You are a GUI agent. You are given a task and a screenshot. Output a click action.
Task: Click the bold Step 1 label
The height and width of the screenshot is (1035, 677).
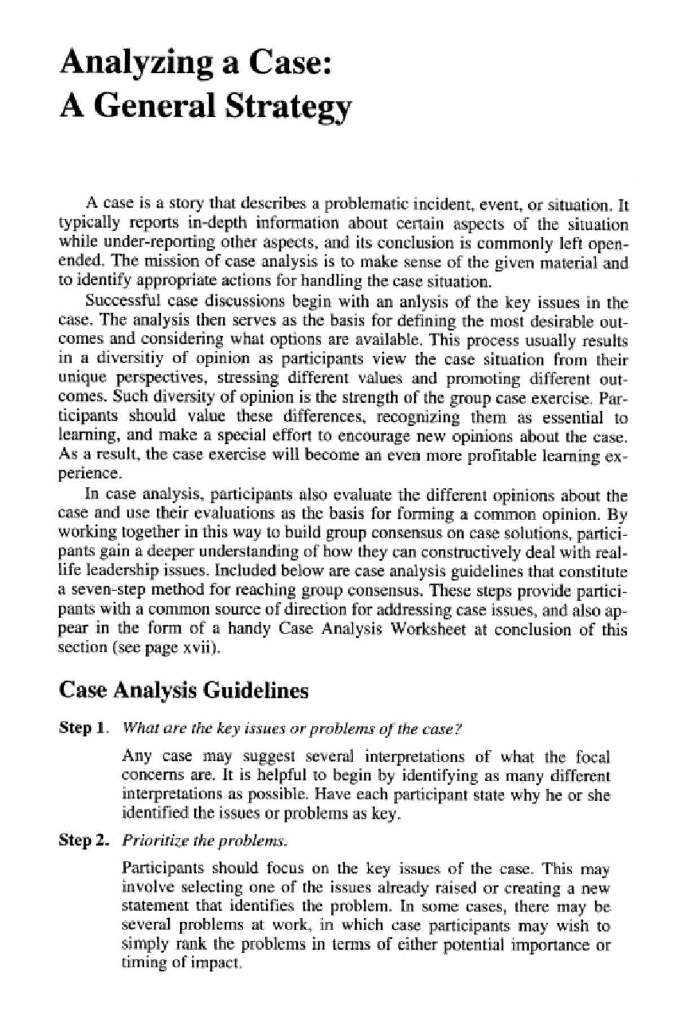tap(83, 728)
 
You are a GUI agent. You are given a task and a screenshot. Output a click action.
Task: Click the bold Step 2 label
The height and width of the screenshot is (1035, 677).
tap(83, 841)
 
